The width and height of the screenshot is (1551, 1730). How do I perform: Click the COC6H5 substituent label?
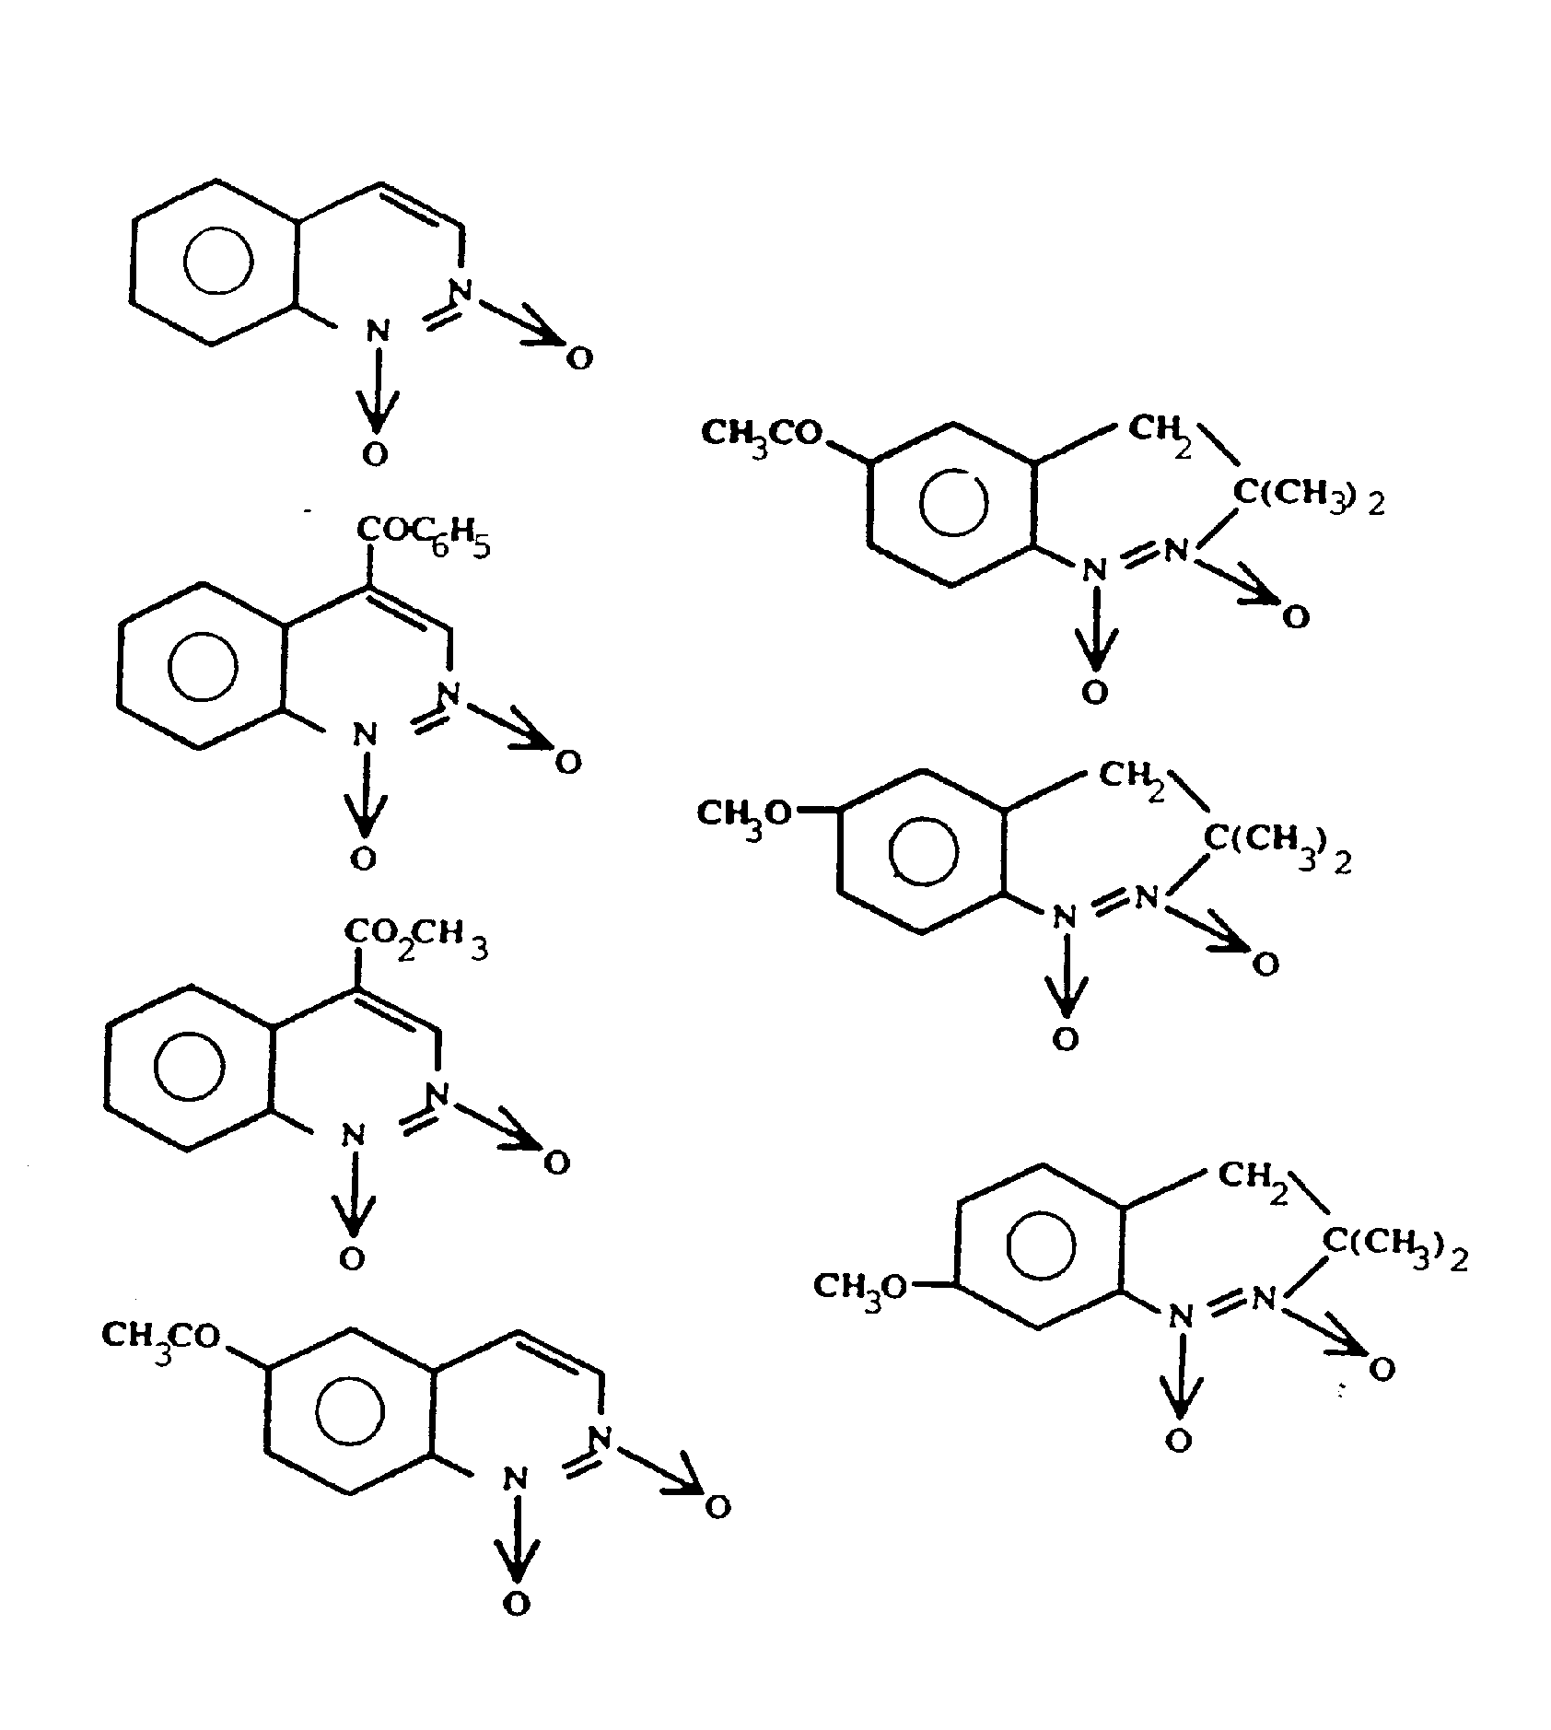pyautogui.click(x=422, y=537)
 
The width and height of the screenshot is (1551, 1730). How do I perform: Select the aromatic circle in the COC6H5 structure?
pyautogui.click(x=204, y=665)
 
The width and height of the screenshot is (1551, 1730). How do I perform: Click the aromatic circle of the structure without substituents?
pyautogui.click(x=218, y=262)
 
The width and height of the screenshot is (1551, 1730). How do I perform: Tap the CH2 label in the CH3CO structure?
pyautogui.click(x=1159, y=431)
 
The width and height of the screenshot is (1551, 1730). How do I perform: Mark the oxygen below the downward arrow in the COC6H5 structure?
pyautogui.click(x=364, y=859)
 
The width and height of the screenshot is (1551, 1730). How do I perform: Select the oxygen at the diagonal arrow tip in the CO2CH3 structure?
pyautogui.click(x=556, y=1163)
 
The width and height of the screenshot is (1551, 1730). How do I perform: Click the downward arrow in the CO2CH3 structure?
pyautogui.click(x=353, y=1196)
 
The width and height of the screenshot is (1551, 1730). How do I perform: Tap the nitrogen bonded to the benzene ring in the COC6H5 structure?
pyautogui.click(x=366, y=735)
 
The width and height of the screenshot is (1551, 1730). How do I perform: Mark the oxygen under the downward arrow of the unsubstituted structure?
pyautogui.click(x=375, y=453)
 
